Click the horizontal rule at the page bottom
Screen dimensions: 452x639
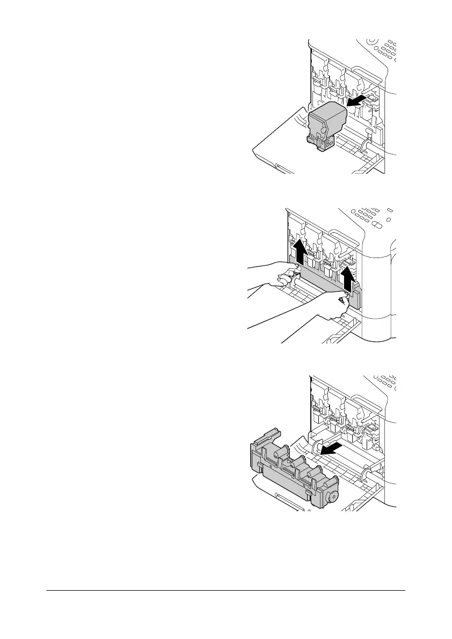click(x=225, y=592)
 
